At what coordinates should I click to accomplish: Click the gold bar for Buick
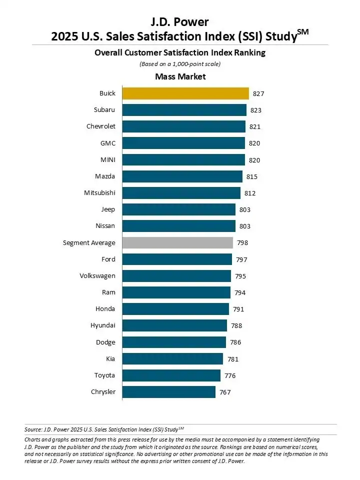click(185, 93)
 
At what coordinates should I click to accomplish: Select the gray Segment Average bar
click(177, 242)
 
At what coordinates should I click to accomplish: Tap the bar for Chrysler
click(169, 392)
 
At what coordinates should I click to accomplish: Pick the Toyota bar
click(171, 375)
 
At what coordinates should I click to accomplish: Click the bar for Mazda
click(182, 176)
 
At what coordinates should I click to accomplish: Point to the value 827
click(258, 93)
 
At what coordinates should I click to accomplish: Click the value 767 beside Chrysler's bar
click(225, 392)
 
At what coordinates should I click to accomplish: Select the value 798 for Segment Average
click(242, 242)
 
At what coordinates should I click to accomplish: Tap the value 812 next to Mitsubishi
click(250, 193)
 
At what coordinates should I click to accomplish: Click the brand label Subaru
click(104, 110)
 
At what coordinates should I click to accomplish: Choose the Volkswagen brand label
click(97, 276)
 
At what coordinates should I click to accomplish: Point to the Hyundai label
click(103, 325)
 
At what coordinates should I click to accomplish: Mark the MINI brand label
click(107, 160)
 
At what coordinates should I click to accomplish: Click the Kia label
click(110, 358)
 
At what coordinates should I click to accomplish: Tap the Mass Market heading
click(180, 76)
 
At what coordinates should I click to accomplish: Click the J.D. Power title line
click(180, 21)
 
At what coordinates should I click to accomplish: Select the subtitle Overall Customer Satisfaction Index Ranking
click(180, 52)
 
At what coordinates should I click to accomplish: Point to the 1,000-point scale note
click(180, 64)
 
